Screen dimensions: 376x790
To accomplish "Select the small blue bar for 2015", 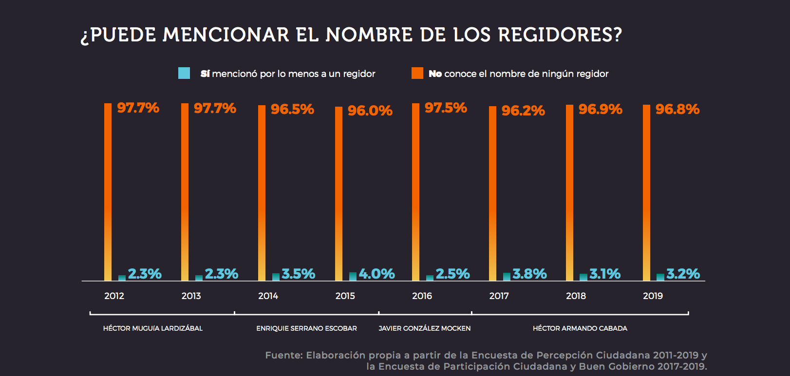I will coord(353,277).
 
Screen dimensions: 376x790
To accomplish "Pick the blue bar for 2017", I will coord(507,277).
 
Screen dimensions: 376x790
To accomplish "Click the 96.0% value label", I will coord(370,111).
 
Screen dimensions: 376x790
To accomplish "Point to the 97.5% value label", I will coord(446,108).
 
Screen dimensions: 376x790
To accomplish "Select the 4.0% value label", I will coord(376,274).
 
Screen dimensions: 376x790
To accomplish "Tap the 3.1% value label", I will coord(605,274).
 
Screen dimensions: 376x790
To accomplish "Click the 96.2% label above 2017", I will coord(523,111).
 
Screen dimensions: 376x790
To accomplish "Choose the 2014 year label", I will coord(268,296).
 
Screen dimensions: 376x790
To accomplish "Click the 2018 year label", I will coord(576,296).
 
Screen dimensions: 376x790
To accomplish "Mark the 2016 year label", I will coord(422,296).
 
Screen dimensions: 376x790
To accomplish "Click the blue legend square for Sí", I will coord(184,73).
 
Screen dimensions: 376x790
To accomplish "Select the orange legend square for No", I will coord(417,73).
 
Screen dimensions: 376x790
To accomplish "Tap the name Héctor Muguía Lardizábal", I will coord(152,328).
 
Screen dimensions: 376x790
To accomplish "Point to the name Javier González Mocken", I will coord(425,328).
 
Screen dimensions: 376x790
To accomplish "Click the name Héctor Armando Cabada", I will coord(580,328).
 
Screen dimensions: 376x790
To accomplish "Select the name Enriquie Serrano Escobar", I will coord(306,328).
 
